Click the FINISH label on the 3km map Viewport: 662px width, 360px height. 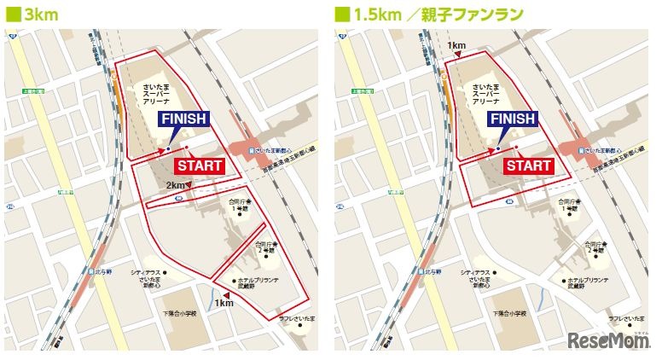[x=183, y=119]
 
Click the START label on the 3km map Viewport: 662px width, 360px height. [x=199, y=165]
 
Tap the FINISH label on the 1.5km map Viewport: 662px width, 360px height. [x=512, y=119]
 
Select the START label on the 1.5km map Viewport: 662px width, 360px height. [x=528, y=165]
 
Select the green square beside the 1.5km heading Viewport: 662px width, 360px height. [x=341, y=14]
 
